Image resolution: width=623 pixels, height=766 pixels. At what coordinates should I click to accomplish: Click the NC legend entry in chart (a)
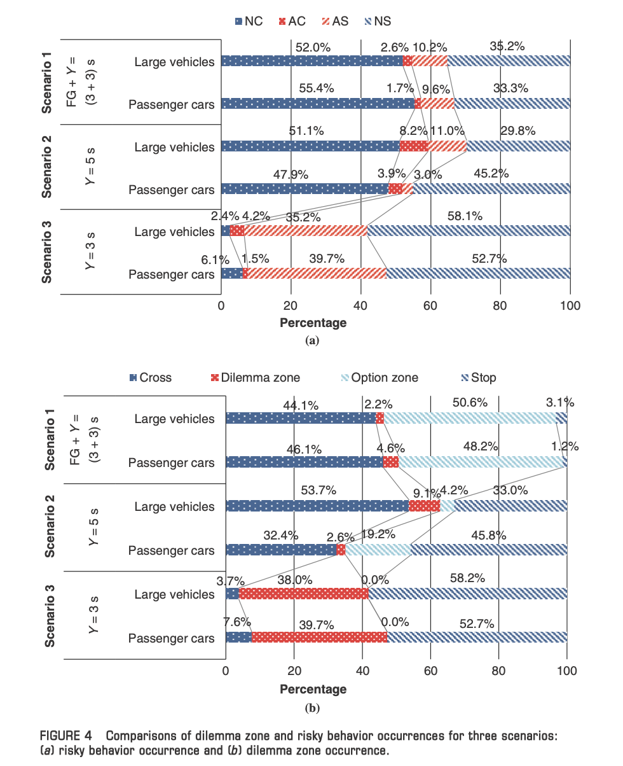pyautogui.click(x=249, y=21)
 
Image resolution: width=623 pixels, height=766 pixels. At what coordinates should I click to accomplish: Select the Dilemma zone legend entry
pyautogui.click(x=256, y=378)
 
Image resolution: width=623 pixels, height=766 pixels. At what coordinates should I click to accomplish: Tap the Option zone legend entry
pyautogui.click(x=380, y=378)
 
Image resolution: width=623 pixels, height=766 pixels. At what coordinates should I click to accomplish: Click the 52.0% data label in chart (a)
pyautogui.click(x=313, y=48)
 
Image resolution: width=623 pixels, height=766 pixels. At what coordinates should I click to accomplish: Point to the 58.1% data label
pyautogui.click(x=465, y=216)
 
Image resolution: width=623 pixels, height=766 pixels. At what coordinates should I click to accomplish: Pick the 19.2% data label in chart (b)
pyautogui.click(x=378, y=534)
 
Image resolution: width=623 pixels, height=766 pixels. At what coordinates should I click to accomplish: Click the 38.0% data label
pyautogui.click(x=294, y=580)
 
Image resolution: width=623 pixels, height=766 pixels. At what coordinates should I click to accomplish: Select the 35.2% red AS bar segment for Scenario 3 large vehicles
pyautogui.click(x=305, y=231)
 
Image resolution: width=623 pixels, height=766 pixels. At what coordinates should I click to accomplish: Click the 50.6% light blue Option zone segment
pyautogui.click(x=470, y=418)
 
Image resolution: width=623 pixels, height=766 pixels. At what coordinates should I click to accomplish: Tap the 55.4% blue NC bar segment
pyautogui.click(x=318, y=104)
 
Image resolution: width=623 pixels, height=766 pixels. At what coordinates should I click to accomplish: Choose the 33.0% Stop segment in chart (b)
pyautogui.click(x=511, y=506)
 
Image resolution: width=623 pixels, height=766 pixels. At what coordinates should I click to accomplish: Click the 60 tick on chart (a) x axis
pyautogui.click(x=430, y=306)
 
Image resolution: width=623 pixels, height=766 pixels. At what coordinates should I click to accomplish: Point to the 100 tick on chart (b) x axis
pyautogui.click(x=566, y=671)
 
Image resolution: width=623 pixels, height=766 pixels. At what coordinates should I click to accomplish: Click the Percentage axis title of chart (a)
pyautogui.click(x=313, y=323)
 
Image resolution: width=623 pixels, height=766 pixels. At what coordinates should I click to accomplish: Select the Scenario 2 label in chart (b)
pyautogui.click(x=50, y=527)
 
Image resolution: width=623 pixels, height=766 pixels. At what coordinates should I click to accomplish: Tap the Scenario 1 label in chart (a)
pyautogui.click(x=46, y=83)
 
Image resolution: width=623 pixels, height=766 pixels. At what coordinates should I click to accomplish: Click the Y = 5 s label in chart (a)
pyautogui.click(x=90, y=166)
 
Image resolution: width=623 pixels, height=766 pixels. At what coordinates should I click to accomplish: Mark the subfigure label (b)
pyautogui.click(x=312, y=708)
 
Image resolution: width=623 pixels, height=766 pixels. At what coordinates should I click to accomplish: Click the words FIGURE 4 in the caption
pyautogui.click(x=65, y=736)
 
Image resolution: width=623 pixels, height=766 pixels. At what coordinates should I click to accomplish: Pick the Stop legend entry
pyautogui.click(x=479, y=378)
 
